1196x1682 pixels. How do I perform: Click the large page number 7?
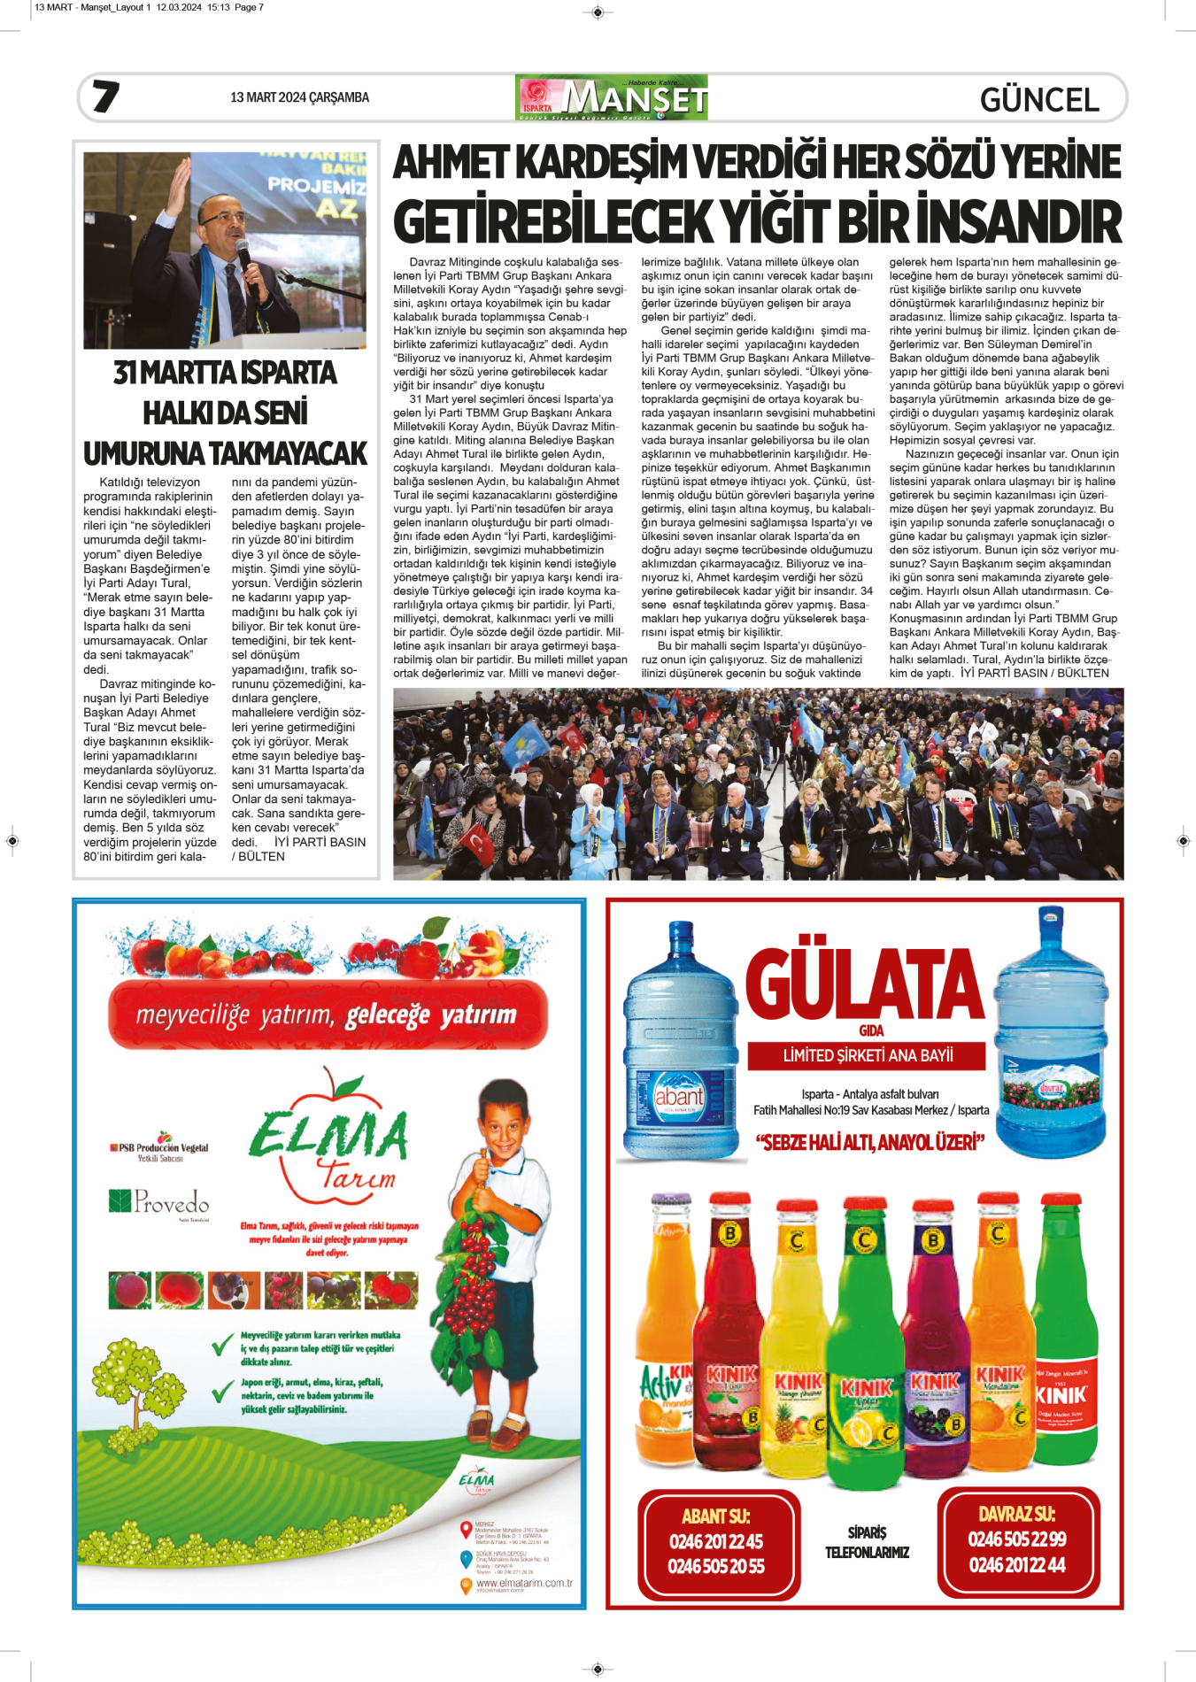[106, 96]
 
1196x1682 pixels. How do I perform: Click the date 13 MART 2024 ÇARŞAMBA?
[299, 97]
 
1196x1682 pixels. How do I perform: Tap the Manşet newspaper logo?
[612, 97]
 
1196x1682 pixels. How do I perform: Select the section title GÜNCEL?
[1039, 100]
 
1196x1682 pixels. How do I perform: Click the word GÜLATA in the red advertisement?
[864, 984]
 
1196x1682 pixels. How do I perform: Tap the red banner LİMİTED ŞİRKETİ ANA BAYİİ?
[867, 1055]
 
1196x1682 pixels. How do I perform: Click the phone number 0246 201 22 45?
[716, 1541]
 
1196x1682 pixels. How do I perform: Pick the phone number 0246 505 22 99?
[1017, 1539]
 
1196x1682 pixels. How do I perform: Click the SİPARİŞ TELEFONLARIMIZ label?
[867, 1542]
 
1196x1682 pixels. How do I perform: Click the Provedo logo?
[159, 1201]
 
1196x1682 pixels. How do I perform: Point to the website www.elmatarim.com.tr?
[524, 1583]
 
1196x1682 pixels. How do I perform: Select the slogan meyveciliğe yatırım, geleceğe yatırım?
[327, 1015]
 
